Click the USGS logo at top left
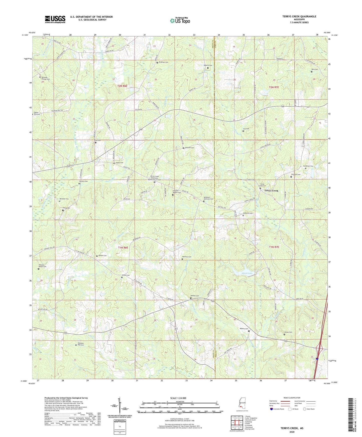click(x=55, y=19)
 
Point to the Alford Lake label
click(x=247, y=273)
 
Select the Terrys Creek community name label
click(x=271, y=191)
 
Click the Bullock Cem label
click(x=194, y=296)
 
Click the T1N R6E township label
click(x=123, y=248)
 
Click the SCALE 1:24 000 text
click(x=178, y=398)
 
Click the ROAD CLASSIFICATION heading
click(x=292, y=398)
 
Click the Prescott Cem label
click(x=190, y=148)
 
